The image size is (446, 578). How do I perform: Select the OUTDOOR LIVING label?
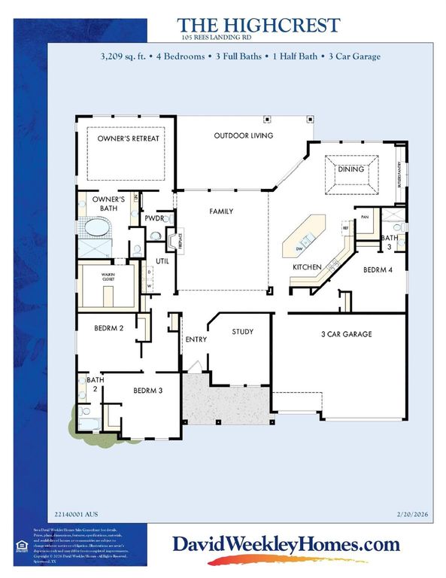click(243, 135)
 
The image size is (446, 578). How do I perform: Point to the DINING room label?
click(350, 169)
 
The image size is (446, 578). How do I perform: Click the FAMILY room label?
click(221, 212)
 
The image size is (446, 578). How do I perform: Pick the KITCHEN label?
click(307, 267)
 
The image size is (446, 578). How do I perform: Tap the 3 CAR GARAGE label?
click(347, 334)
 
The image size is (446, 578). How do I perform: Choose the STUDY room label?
click(242, 331)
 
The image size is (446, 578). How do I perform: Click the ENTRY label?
click(196, 339)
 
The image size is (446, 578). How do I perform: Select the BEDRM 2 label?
click(109, 328)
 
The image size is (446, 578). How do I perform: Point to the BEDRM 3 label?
click(147, 390)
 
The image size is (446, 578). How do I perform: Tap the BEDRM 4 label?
click(379, 269)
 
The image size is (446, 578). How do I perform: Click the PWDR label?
click(155, 218)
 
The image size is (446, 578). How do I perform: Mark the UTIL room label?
click(162, 260)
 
